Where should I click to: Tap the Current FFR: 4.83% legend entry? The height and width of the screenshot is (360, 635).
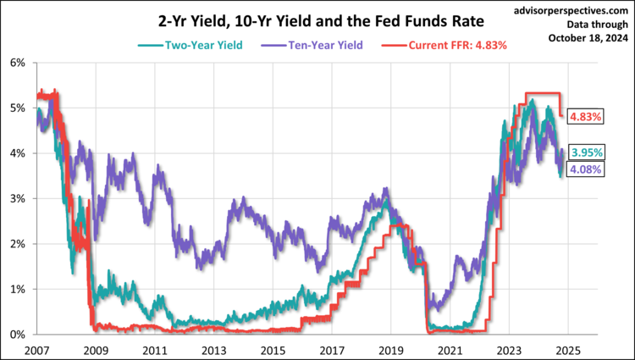pyautogui.click(x=447, y=44)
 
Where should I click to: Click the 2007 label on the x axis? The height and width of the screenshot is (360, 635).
pyautogui.click(x=37, y=349)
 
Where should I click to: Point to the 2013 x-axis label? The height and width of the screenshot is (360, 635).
pyautogui.click(x=213, y=349)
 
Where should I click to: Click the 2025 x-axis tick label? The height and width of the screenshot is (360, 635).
pyautogui.click(x=566, y=349)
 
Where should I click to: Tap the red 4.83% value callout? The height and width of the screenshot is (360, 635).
pyautogui.click(x=585, y=117)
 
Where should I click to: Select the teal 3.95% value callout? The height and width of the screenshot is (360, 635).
pyautogui.click(x=587, y=152)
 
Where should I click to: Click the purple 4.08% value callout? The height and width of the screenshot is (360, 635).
pyautogui.click(x=587, y=170)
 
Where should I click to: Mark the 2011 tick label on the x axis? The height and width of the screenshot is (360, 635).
pyautogui.click(x=155, y=349)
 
